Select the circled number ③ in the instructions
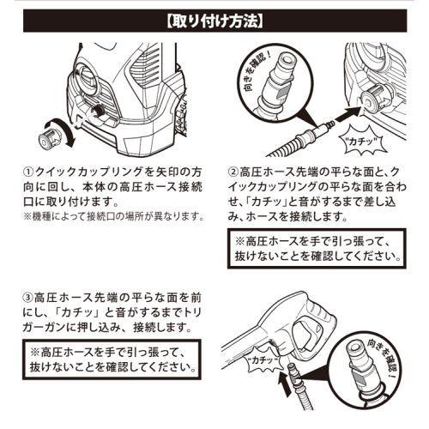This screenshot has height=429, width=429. (x=27, y=297)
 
